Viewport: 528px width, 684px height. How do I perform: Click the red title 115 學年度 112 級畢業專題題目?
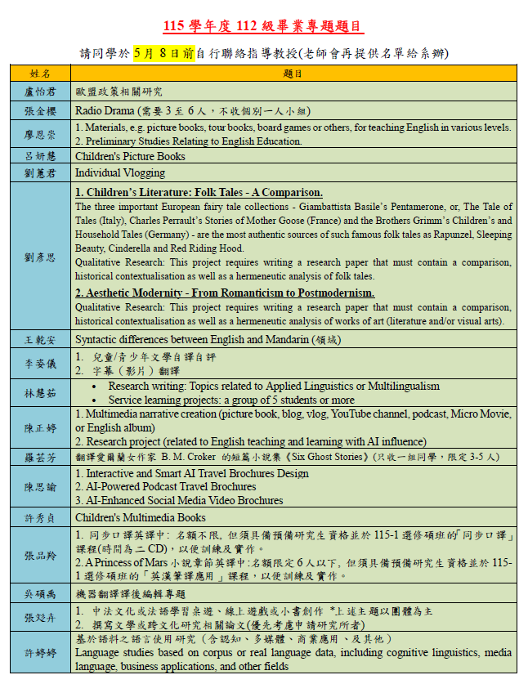(263, 26)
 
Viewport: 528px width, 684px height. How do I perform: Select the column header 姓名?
(40, 74)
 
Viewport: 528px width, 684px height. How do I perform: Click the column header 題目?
(293, 74)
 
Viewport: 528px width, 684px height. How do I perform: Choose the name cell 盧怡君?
(40, 92)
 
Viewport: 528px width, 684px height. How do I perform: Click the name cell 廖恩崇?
(40, 134)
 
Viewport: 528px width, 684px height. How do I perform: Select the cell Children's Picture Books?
(130, 156)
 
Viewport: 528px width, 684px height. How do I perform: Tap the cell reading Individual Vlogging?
(119, 172)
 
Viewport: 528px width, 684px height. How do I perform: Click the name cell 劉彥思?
(40, 257)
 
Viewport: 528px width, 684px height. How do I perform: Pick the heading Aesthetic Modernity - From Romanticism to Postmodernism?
(225, 293)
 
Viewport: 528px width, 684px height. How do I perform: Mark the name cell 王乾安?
(40, 339)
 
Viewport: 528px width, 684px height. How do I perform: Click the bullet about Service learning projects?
(231, 400)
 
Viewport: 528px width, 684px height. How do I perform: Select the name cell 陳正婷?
(40, 427)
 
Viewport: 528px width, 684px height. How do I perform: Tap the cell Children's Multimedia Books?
(140, 517)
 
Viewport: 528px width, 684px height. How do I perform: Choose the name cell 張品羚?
(40, 555)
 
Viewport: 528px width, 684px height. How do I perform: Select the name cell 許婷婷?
(40, 654)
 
